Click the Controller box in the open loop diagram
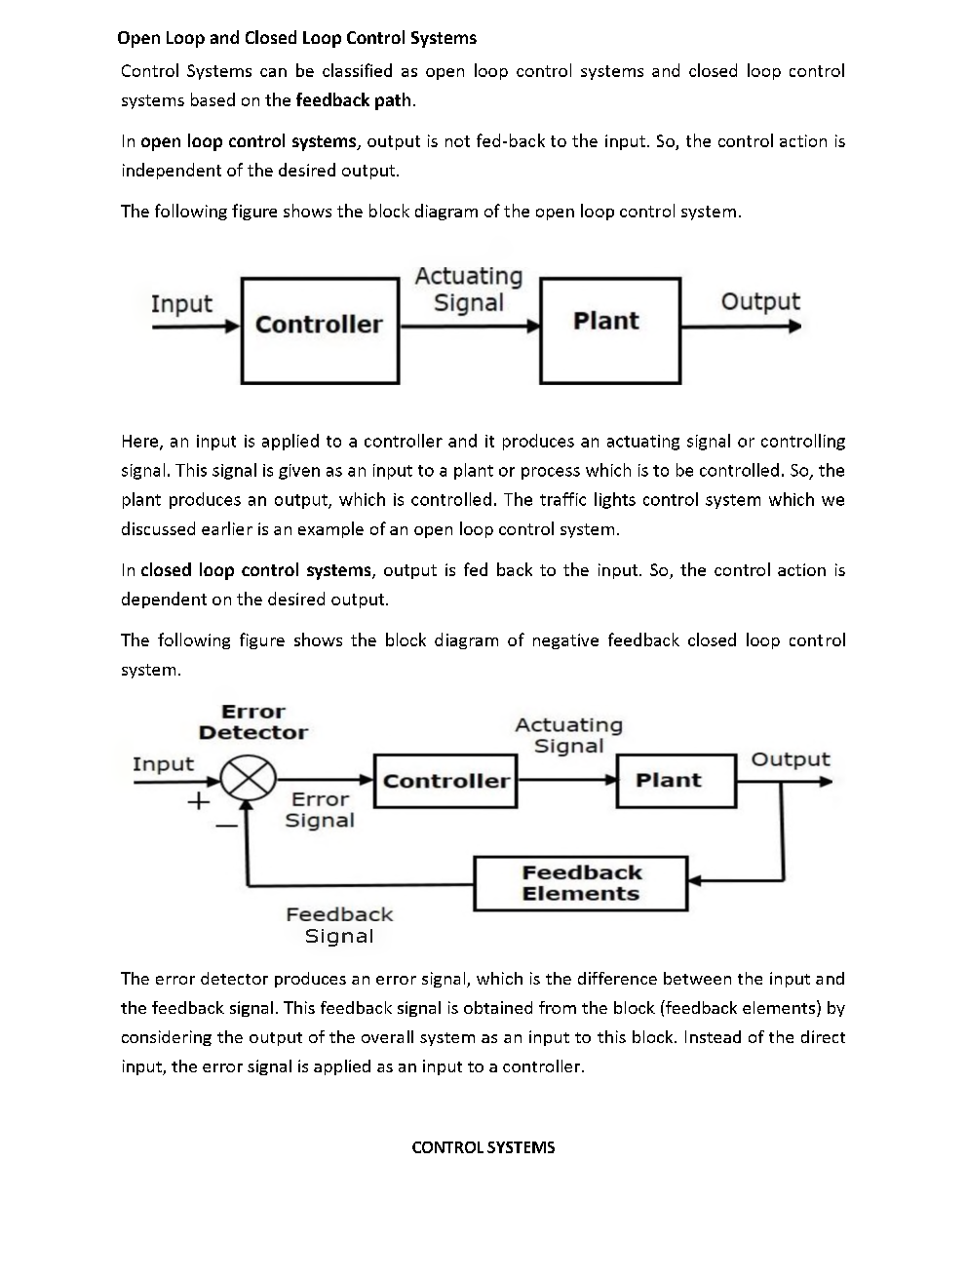320,330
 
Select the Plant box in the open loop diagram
609,330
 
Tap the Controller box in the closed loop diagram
445,781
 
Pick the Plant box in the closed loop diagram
676,781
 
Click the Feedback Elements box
580,883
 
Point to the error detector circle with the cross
249,781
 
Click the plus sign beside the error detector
199,802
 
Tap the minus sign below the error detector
226,825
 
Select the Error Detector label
252,722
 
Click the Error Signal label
320,810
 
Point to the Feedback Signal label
339,925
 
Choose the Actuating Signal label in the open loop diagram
469,290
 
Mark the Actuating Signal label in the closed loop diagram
568,735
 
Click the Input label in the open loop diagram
181,304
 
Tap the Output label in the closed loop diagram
791,759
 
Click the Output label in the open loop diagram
760,302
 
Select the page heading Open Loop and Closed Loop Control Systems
296,38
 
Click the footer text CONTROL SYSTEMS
483,1147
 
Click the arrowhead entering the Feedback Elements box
694,880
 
